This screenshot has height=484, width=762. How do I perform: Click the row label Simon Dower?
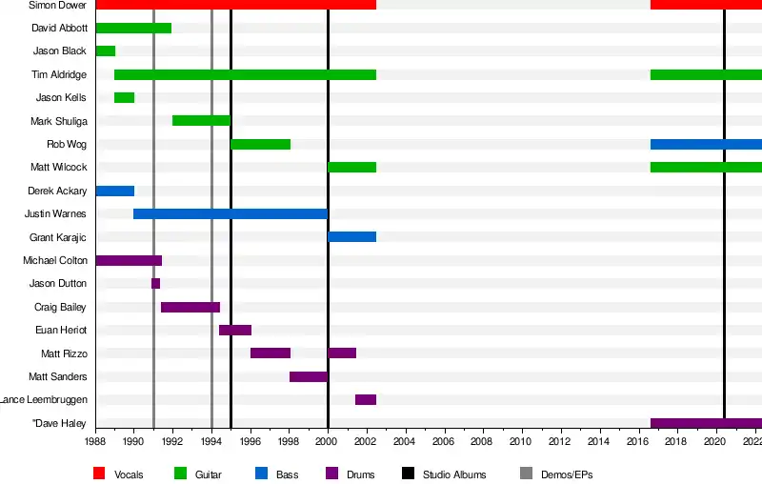click(58, 6)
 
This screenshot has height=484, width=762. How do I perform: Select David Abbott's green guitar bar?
click(133, 29)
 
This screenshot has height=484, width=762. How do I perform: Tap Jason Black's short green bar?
click(105, 51)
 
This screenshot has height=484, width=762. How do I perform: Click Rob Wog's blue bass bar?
click(706, 145)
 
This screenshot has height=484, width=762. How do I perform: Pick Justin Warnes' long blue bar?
click(231, 214)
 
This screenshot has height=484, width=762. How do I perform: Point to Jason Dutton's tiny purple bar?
click(155, 284)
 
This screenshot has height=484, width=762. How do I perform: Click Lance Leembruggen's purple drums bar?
click(366, 400)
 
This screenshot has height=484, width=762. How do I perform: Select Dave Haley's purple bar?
click(706, 423)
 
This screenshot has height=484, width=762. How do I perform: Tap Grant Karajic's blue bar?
click(351, 237)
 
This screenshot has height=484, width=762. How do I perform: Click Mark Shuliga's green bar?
click(201, 121)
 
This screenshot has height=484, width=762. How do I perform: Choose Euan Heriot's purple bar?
click(235, 331)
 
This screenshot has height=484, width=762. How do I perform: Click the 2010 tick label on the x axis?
click(521, 443)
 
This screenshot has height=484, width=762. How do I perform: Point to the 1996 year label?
click(250, 443)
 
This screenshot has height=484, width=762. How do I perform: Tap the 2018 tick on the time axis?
click(675, 443)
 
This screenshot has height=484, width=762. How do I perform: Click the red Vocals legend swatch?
click(99, 474)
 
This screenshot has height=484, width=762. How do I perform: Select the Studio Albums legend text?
click(454, 474)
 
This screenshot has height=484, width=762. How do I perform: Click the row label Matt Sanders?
click(58, 377)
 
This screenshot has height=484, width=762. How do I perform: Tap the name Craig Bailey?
click(60, 308)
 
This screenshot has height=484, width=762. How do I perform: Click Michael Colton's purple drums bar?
click(129, 261)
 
